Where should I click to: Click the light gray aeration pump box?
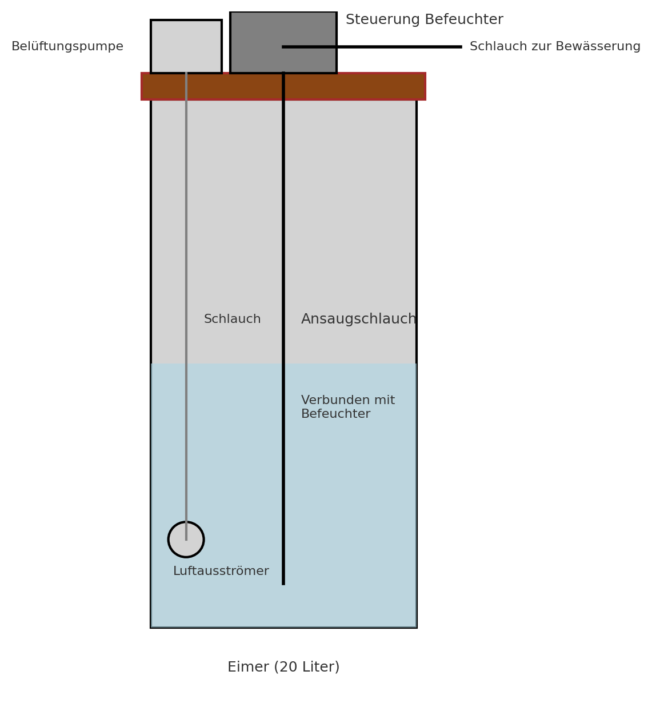[186, 46]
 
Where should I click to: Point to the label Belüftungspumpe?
[67, 47]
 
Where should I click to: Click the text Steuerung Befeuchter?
[424, 20]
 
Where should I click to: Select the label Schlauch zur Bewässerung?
[554, 47]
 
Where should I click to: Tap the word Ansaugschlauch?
[358, 319]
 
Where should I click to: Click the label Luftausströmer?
[221, 572]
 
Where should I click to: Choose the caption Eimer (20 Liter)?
[283, 667]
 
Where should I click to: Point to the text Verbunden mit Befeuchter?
[347, 408]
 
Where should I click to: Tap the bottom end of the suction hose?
[283, 582]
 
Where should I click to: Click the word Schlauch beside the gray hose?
[232, 319]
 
